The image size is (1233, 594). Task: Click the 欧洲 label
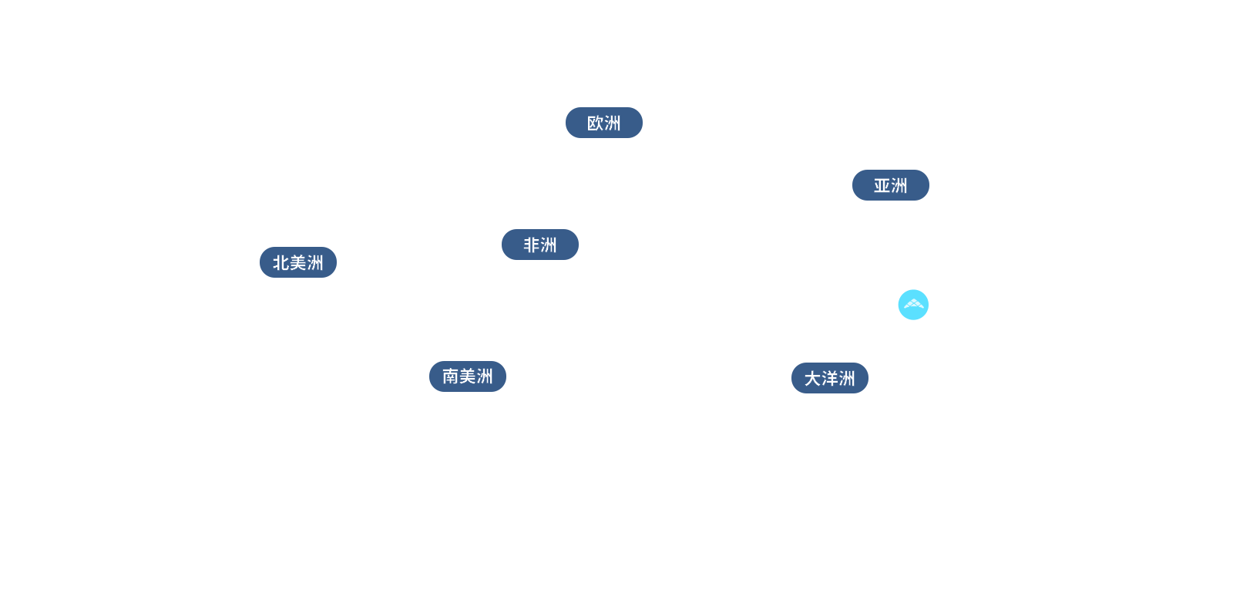(603, 123)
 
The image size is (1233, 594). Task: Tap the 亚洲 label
(890, 186)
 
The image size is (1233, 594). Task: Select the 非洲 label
(539, 245)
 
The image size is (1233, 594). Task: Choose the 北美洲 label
(298, 263)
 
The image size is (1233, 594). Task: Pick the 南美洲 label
(467, 376)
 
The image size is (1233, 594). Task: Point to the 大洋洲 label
(829, 379)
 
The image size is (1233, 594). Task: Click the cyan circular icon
(913, 305)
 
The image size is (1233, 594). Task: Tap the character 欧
(595, 123)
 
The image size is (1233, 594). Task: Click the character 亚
(882, 186)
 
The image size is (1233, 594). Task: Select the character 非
(531, 245)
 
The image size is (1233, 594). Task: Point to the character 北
(281, 263)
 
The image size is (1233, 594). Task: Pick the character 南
(450, 376)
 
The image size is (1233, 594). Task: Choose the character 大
(812, 379)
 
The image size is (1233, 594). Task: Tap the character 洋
(829, 379)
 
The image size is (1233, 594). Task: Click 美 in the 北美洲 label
(298, 263)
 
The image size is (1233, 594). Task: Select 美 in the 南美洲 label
(467, 376)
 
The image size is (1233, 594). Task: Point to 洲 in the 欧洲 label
(613, 123)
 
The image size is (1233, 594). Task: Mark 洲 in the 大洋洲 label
(847, 379)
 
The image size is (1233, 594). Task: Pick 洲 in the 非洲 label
(549, 245)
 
